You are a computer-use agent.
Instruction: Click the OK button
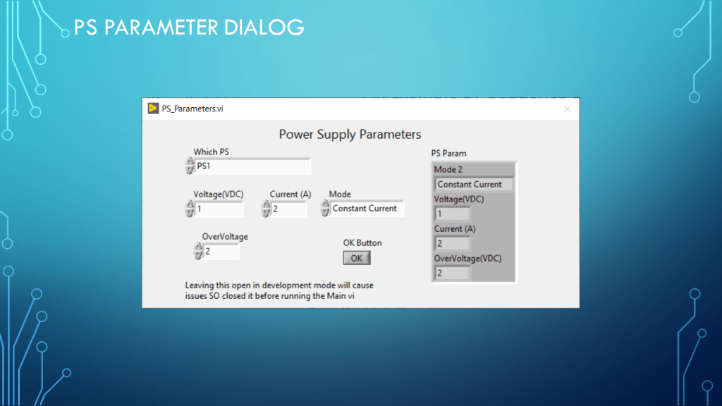(356, 258)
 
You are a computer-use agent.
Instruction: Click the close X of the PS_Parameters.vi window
(568, 109)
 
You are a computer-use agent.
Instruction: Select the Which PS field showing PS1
(253, 166)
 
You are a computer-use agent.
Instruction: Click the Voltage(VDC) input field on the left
(219, 209)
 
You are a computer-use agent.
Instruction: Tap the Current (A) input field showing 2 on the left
(288, 209)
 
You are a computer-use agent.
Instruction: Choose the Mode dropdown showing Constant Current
(367, 209)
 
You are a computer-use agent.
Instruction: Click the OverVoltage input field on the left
(221, 252)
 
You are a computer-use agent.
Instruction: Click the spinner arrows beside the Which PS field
(190, 166)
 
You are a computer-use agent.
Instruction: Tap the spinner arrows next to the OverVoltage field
(198, 251)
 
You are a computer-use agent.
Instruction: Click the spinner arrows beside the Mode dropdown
(325, 208)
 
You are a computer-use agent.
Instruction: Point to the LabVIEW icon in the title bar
(153, 108)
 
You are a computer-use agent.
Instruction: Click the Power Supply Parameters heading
(350, 135)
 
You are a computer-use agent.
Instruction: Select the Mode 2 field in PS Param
(474, 185)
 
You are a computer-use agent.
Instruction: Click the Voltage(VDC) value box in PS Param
(452, 214)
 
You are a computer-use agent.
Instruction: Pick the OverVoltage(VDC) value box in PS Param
(452, 273)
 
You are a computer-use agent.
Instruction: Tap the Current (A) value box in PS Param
(452, 243)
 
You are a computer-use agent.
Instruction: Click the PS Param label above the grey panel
(448, 153)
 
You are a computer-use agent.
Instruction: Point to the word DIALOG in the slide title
(264, 27)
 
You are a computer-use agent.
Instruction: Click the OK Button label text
(362, 243)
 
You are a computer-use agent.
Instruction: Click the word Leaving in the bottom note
(200, 285)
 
